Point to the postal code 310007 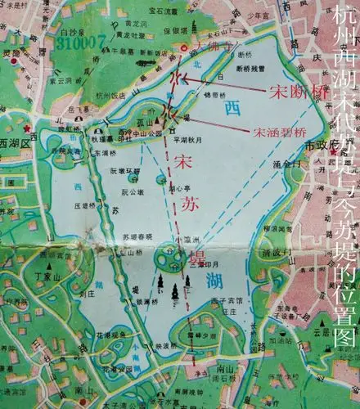tap(83, 39)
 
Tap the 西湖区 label tap(15, 141)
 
